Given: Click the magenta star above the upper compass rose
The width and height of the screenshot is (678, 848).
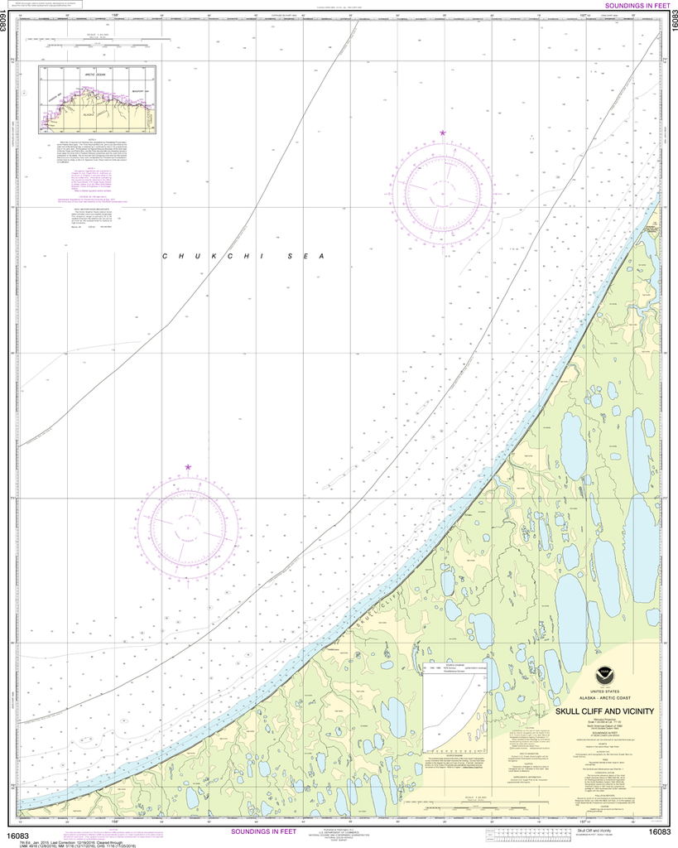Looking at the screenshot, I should click(x=443, y=133).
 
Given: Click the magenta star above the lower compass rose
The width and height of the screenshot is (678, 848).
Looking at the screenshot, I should click(x=188, y=468).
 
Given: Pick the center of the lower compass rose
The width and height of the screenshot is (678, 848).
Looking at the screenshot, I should click(x=188, y=525).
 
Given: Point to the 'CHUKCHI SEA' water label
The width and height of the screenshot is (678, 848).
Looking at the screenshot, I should click(x=242, y=257).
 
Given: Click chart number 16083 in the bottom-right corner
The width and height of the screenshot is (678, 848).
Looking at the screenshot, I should click(x=659, y=832).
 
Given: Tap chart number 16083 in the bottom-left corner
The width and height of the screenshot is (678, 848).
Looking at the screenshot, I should click(x=18, y=832).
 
